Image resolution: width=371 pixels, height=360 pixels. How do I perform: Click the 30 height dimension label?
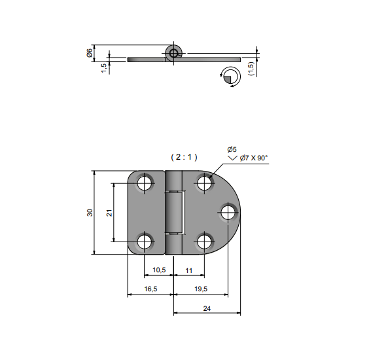(x=90, y=213)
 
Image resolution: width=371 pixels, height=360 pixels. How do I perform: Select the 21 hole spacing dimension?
(x=109, y=213)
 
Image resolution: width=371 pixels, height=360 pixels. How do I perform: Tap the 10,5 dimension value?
(x=159, y=270)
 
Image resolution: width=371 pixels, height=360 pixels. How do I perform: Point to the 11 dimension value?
(x=189, y=270)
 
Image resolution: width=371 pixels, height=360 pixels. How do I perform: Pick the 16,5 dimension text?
(x=150, y=289)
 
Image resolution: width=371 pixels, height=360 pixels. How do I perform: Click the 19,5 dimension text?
(x=201, y=289)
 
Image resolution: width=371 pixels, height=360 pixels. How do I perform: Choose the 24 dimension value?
(x=207, y=308)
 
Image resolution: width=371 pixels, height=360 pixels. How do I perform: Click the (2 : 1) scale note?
(x=184, y=157)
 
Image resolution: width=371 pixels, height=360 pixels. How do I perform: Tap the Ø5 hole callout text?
(x=232, y=149)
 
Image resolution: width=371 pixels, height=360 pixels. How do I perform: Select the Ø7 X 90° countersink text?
(x=254, y=158)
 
